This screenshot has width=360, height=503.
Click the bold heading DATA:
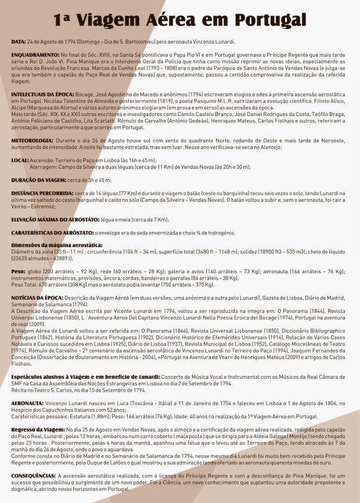point(19,42)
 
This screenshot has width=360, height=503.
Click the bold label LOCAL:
point(20,160)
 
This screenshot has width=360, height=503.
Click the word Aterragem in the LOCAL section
point(42,167)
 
